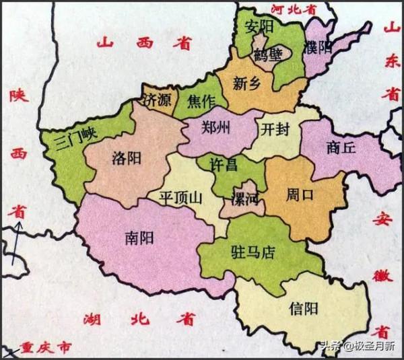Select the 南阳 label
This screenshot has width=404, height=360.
(139, 238)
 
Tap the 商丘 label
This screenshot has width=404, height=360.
(339, 148)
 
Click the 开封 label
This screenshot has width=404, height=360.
(275, 128)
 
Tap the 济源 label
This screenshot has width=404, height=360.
(157, 102)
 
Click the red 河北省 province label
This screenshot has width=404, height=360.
(293, 9)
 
